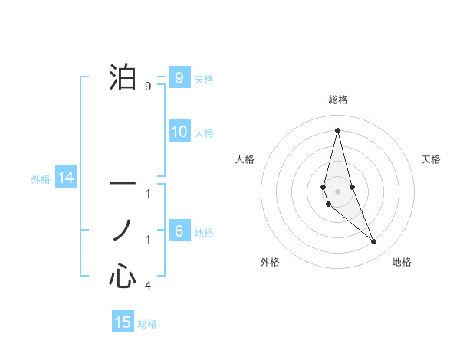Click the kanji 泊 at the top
tap(122, 77)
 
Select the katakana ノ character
tap(122, 229)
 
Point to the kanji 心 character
tap(122, 275)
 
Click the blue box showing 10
tap(179, 132)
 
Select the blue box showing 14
tap(66, 178)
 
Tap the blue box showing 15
tap(123, 322)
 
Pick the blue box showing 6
tap(179, 231)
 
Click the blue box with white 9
tap(179, 78)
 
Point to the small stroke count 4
tap(148, 286)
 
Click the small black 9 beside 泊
tap(148, 87)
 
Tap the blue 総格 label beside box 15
tap(147, 324)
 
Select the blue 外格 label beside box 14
tap(41, 179)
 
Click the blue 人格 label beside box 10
tap(204, 133)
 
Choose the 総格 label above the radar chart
tap(338, 100)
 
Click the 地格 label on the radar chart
tap(402, 262)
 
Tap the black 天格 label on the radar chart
tap(432, 159)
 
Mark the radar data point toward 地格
tap(374, 242)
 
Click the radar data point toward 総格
tap(337, 129)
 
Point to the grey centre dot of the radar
tap(337, 191)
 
